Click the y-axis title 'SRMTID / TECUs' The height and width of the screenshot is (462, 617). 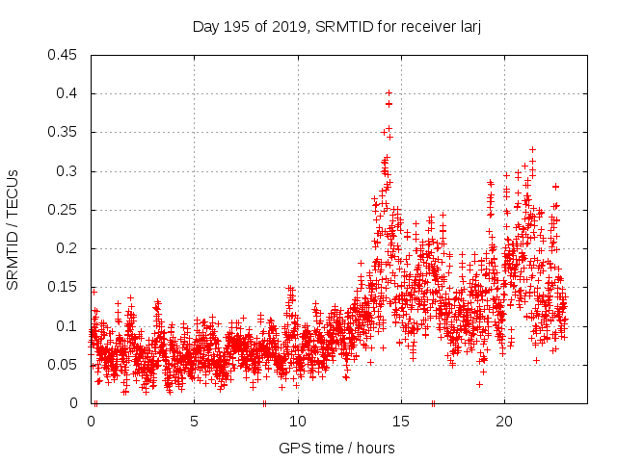[13, 229]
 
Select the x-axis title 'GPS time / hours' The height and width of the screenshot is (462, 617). [336, 448]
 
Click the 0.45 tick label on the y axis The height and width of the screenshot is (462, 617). [64, 55]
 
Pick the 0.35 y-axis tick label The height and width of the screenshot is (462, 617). [64, 132]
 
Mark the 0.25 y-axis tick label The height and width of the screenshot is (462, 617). [64, 210]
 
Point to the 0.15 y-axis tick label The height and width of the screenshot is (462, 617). [64, 287]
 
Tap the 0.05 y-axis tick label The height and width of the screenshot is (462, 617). [64, 365]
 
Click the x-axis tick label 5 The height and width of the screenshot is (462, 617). [195, 421]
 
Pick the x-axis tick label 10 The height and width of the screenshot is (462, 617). [298, 421]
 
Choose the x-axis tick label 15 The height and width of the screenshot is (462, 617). [401, 421]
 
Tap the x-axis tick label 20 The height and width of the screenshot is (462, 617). [504, 421]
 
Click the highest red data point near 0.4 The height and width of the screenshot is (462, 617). [389, 93]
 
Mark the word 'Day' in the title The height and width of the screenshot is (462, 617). [206, 27]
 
